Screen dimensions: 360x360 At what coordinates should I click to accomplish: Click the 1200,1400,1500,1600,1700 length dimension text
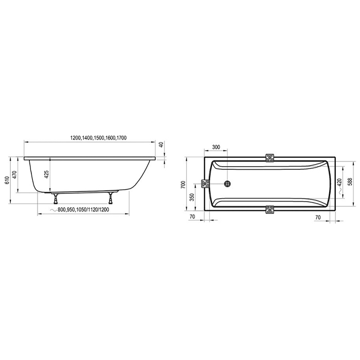[98, 138]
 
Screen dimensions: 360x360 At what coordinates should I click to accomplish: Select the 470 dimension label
[14, 174]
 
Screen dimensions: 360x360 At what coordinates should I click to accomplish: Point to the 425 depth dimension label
[47, 174]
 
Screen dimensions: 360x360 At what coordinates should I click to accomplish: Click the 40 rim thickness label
[161, 145]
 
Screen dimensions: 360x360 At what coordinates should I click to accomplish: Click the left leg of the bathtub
[56, 199]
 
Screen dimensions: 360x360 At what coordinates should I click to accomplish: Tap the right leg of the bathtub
[111, 199]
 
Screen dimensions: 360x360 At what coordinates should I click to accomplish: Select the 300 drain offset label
[216, 147]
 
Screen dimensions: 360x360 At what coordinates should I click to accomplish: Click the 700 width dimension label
[183, 185]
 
